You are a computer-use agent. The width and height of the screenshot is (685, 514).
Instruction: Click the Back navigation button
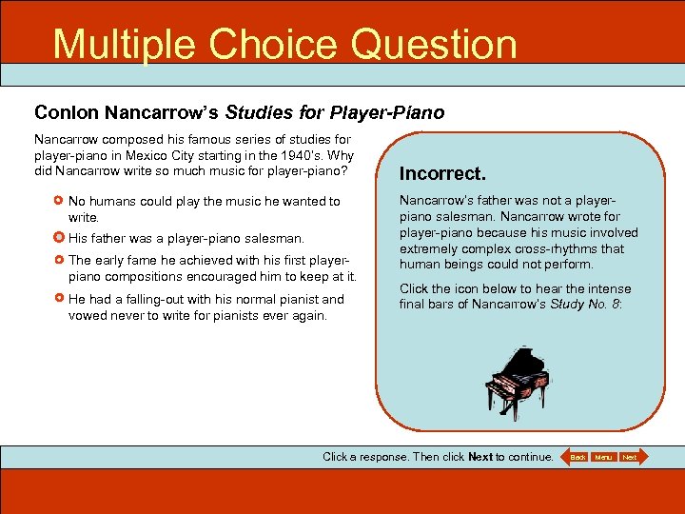click(x=577, y=457)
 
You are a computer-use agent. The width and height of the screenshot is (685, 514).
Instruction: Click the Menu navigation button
click(x=603, y=457)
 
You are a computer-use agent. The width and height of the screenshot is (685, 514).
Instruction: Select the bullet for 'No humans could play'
click(x=59, y=202)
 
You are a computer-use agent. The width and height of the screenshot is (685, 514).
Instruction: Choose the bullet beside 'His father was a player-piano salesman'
click(x=59, y=238)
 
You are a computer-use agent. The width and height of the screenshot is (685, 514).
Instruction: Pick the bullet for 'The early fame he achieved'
click(x=59, y=260)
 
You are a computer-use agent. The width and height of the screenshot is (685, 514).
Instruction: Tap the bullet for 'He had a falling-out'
click(x=59, y=299)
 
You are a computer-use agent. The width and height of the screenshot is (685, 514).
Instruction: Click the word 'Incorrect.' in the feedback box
click(x=442, y=174)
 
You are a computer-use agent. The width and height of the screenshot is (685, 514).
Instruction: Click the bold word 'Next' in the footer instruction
click(x=480, y=457)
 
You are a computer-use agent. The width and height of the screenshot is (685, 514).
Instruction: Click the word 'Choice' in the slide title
click(x=268, y=44)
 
